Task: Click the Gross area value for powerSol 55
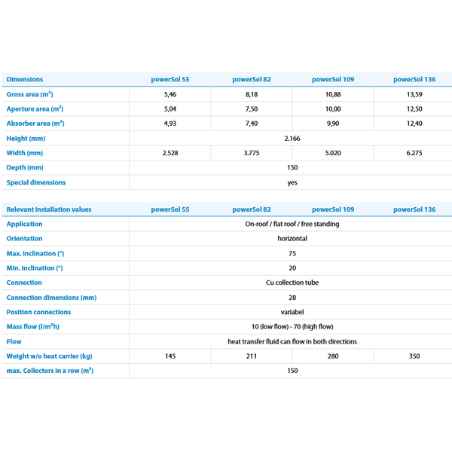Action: (x=170, y=94)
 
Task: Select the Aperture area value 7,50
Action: (x=252, y=109)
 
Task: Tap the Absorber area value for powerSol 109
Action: (x=333, y=124)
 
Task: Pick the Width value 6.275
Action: (x=414, y=153)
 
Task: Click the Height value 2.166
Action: (x=292, y=139)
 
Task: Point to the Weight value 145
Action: (x=170, y=356)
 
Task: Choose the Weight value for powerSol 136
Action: (x=414, y=356)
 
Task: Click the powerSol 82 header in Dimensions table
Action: (x=252, y=79)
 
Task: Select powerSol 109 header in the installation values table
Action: (x=333, y=209)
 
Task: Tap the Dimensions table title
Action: (x=25, y=79)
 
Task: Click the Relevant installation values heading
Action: (x=49, y=209)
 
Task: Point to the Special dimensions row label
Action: (x=36, y=182)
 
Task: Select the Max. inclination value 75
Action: (x=292, y=253)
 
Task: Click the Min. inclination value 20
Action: (x=292, y=267)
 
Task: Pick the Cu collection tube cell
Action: (x=292, y=282)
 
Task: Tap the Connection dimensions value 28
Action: (x=292, y=298)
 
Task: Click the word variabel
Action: (x=292, y=312)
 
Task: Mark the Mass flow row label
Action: (x=33, y=327)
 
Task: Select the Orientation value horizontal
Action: (x=292, y=238)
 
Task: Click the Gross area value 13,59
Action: (x=414, y=94)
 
